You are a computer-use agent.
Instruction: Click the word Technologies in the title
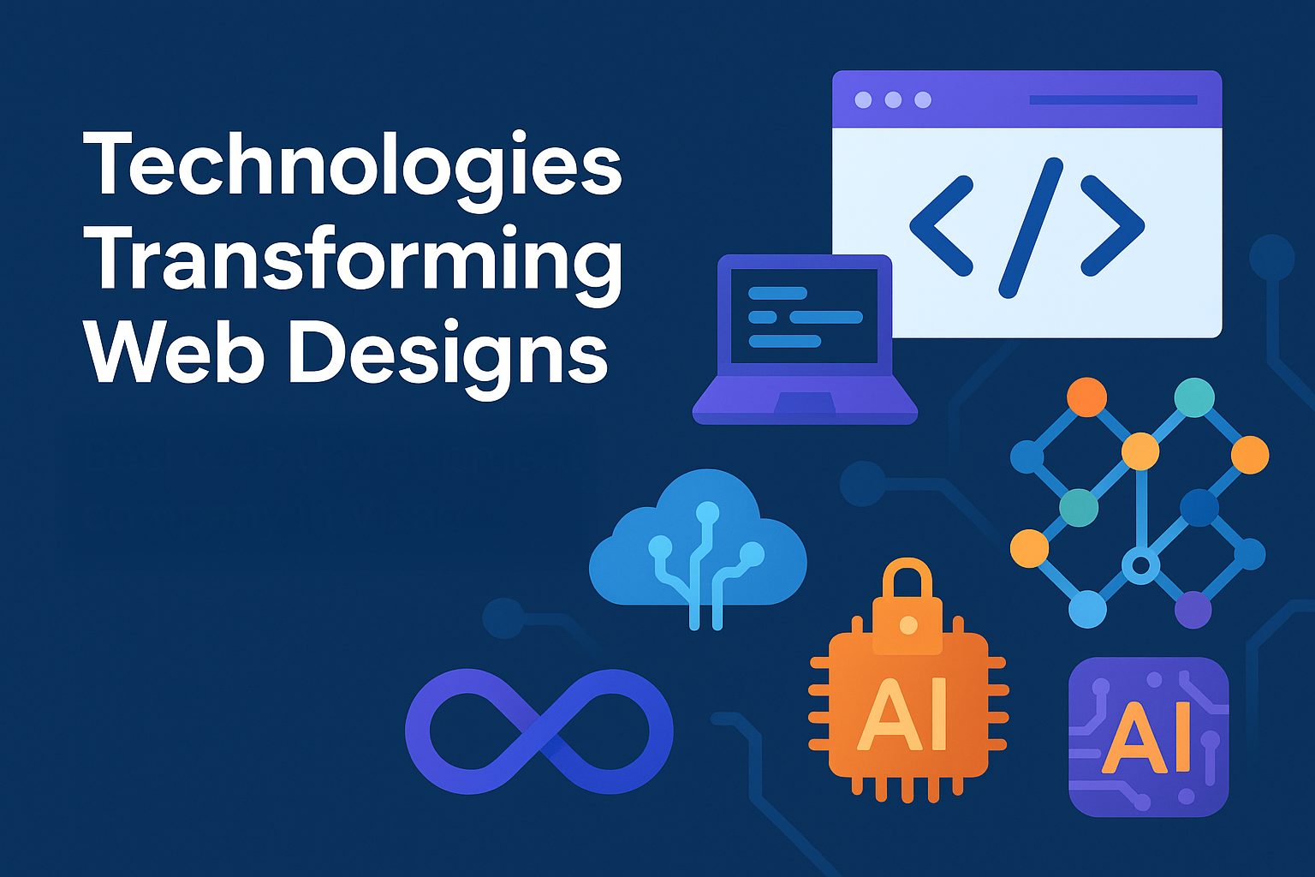pos(352,165)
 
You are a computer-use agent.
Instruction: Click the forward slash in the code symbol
pos(1030,227)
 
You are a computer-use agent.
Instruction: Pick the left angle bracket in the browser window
pos(941,226)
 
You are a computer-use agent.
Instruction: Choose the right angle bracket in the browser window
pos(1113,226)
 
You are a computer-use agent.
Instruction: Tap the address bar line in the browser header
pos(1113,100)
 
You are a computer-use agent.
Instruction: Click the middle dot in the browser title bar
pos(893,100)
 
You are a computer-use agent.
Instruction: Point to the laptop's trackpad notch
pos(804,403)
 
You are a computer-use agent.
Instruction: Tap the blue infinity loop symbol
pos(538,731)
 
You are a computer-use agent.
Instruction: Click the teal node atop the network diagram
pos(1193,397)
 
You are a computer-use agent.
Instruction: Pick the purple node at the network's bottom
pos(1193,610)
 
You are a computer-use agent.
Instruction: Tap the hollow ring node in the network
pos(1140,566)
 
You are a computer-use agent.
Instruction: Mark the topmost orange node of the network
pos(1086,397)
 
